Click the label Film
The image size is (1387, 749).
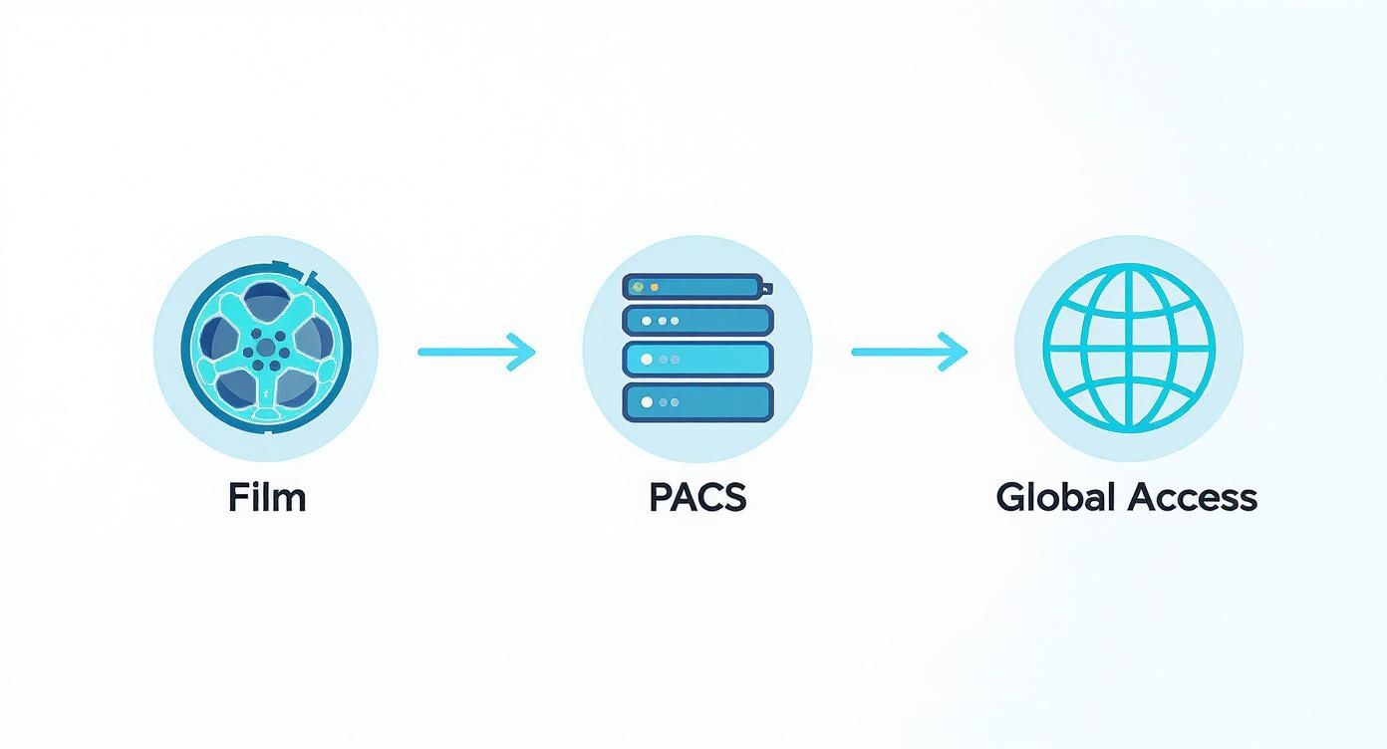tap(266, 497)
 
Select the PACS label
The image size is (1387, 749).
tap(696, 497)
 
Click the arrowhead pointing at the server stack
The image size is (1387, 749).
tap(524, 352)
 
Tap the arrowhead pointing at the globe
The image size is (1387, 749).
tap(957, 352)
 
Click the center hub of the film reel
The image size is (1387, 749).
tap(266, 348)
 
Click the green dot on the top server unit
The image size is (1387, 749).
tap(638, 287)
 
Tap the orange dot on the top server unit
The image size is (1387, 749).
tap(655, 287)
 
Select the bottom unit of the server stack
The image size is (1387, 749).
tap(697, 401)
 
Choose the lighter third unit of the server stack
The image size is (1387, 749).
tap(697, 359)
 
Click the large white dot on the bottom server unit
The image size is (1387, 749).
tap(647, 402)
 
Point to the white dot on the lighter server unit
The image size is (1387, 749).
tap(647, 359)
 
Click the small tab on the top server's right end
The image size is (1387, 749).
tap(768, 288)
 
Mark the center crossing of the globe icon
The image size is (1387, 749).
tap(1129, 348)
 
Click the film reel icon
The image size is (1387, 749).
tap(266, 348)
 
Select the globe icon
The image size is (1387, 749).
tap(1129, 348)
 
